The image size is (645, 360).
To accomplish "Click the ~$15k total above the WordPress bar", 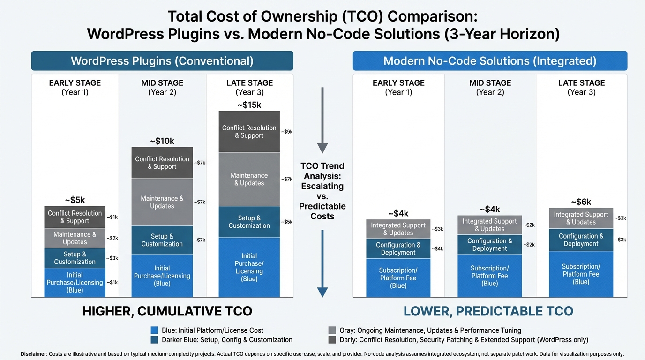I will pos(249,105).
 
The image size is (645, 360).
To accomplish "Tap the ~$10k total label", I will pos(162,141).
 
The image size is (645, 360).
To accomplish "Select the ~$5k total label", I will pos(75,200).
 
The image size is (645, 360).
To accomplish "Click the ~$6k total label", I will pos(581,202).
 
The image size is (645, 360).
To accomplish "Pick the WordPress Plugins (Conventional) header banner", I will pos(162,61).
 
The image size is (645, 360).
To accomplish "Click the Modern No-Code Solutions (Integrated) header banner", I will pos(490,61).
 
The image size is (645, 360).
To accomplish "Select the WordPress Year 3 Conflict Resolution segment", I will pos(249,132).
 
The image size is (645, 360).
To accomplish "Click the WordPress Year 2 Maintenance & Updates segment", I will pos(162,202).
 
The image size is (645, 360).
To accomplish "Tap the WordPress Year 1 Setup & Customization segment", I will pos(75,258).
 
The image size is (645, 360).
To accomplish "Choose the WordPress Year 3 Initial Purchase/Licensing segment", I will pos(249,267).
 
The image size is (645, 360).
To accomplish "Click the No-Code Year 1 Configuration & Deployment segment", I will pos(398,248).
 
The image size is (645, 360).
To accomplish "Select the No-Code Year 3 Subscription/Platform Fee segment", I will pos(581,274).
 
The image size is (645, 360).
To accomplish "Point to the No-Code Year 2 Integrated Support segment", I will pos(489,225).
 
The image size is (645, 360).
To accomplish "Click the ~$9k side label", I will pos(287,132).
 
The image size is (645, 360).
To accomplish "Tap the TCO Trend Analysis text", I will pos(322,191).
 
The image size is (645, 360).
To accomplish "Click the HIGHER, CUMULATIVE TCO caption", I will pos(167,311).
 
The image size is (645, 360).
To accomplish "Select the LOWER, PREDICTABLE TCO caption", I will pos(488,311).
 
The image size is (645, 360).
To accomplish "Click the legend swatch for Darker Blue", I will pos(155,340).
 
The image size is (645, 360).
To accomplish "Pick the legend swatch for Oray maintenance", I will pos(332,330).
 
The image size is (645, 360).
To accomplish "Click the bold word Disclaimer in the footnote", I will pos(34,354).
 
